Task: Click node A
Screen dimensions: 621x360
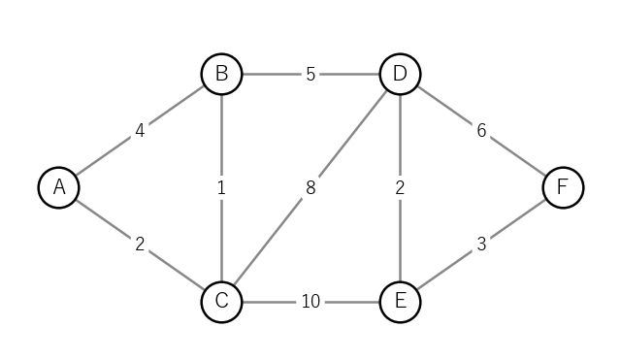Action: [58, 187]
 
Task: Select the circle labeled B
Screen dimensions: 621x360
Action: [221, 74]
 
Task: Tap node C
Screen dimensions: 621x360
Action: [221, 302]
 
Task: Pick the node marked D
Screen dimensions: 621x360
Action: [400, 74]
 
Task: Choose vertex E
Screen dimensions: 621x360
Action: [400, 302]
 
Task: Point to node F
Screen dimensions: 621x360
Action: [563, 187]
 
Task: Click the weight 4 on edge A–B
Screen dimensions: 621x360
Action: [140, 131]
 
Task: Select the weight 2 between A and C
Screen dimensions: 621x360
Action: [140, 245]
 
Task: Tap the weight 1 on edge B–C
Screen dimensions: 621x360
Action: [221, 187]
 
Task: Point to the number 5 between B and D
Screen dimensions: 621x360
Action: [310, 74]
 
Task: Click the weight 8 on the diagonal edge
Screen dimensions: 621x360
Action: [310, 187]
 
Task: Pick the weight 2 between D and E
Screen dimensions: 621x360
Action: [400, 187]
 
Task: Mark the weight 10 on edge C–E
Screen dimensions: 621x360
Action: [310, 302]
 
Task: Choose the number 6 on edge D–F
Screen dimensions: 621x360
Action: [481, 131]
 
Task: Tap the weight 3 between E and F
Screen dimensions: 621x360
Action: [481, 245]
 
